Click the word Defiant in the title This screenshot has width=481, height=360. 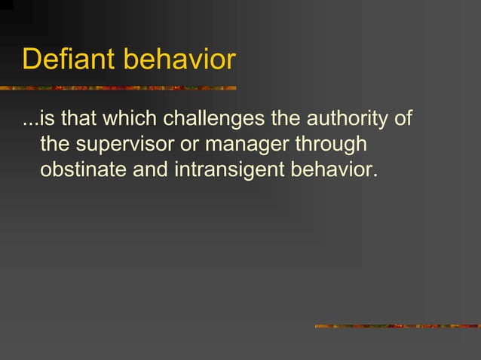(69, 59)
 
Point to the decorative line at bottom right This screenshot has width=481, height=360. (397, 326)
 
